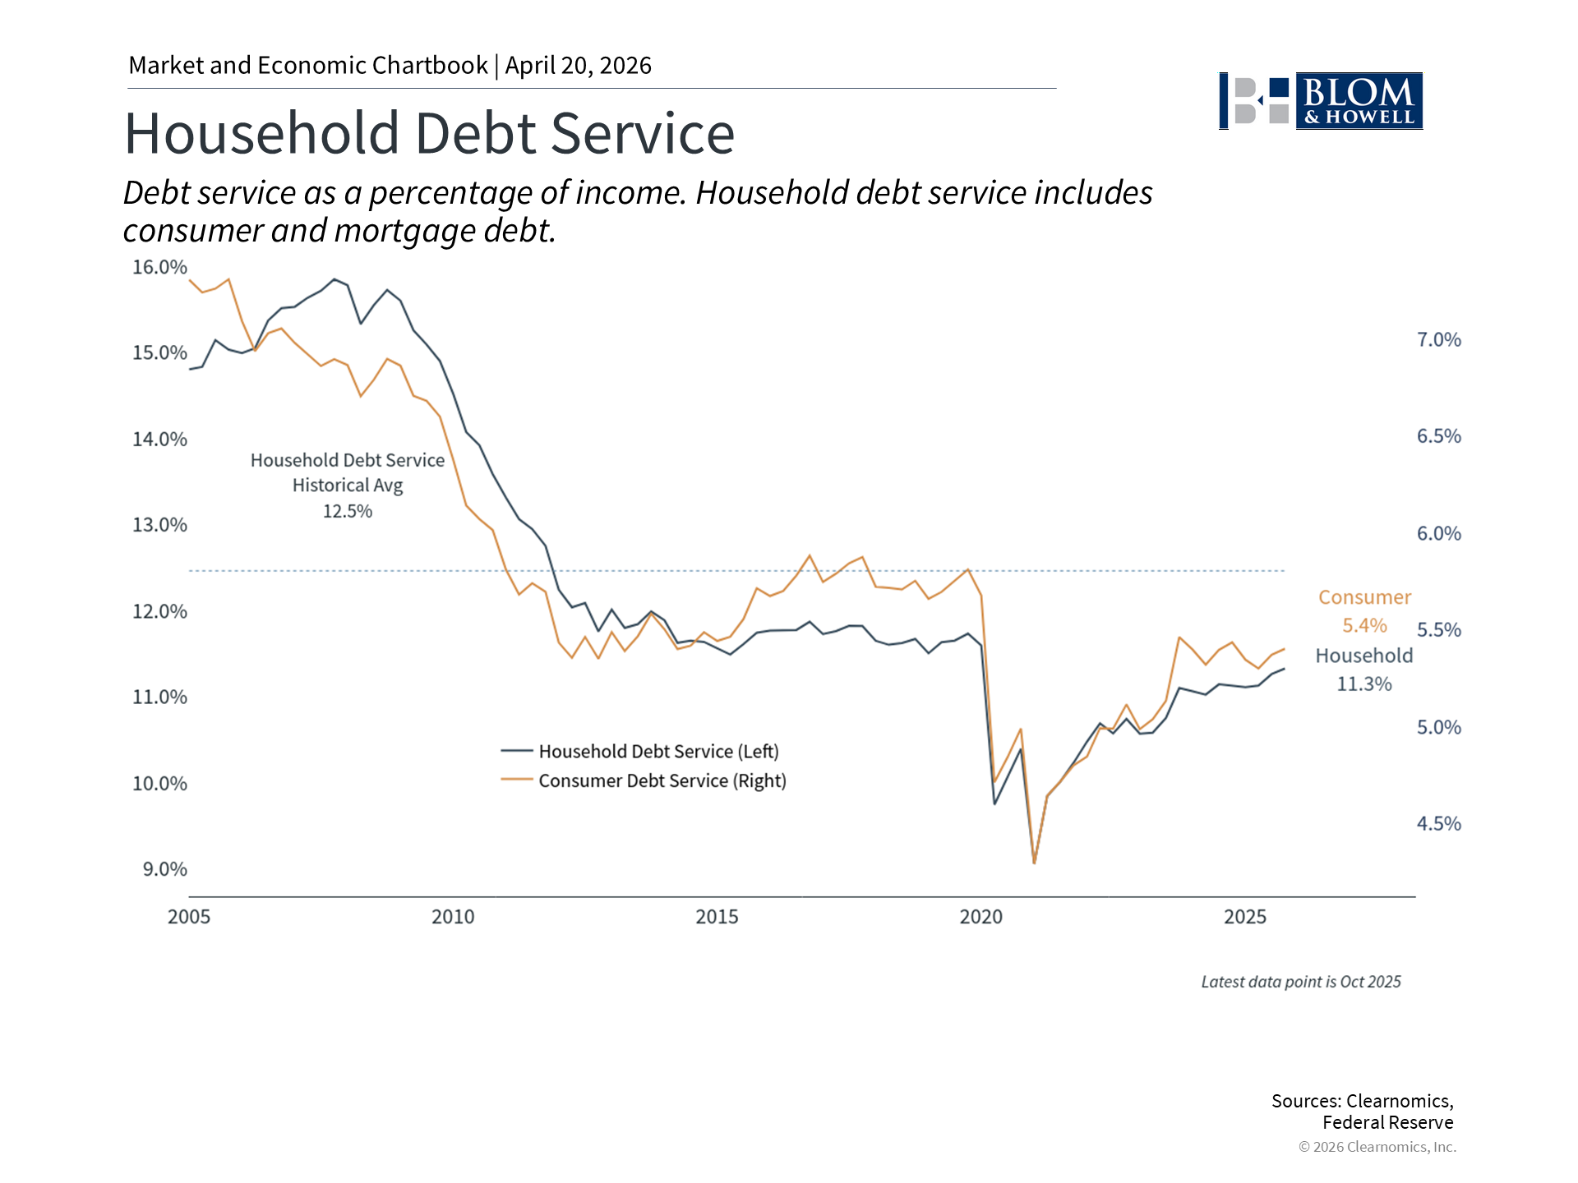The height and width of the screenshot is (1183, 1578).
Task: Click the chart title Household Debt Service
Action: pos(429,133)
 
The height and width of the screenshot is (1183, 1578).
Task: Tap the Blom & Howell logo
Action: pos(1321,101)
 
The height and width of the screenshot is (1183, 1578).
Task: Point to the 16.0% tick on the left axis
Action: pos(159,267)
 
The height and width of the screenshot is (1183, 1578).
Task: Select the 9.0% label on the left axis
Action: pos(164,869)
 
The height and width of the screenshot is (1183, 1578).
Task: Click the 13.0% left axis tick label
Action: pos(159,525)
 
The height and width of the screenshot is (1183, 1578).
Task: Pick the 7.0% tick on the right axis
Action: pos(1438,340)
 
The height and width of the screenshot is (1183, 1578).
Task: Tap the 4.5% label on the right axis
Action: pos(1438,824)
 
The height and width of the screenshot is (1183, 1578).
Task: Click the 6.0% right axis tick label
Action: pos(1438,534)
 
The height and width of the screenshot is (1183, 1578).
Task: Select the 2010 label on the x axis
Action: pos(453,917)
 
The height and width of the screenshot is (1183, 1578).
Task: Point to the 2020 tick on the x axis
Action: pos(980,917)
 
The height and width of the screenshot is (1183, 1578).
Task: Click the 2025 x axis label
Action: pos(1244,917)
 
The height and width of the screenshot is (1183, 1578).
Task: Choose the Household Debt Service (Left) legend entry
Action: pos(658,752)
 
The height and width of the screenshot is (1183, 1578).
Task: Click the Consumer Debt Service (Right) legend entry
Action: pos(662,781)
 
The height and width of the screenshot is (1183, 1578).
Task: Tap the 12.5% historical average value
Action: pos(347,512)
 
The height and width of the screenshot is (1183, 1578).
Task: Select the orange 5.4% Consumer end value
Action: pos(1364,626)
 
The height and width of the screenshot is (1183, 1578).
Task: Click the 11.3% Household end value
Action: pos(1364,684)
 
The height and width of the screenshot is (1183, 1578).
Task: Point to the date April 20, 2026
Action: pos(578,66)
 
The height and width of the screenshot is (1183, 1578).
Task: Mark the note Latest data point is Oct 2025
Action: pos(1300,982)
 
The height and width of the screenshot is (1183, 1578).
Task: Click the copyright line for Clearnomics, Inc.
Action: pos(1377,1147)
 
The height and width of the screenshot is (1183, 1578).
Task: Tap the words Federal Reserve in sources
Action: pos(1387,1123)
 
